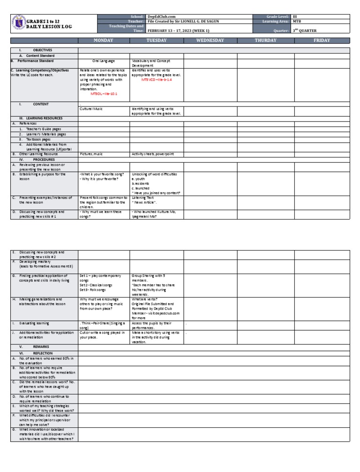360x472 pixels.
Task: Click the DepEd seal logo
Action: tap(18, 23)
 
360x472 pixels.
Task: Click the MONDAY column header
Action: tap(104, 40)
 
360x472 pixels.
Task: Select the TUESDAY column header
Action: tap(156, 40)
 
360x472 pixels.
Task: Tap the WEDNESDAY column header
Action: tap(210, 40)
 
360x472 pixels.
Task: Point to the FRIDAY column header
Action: tap(322, 40)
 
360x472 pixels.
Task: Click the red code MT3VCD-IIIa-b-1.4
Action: tap(157, 80)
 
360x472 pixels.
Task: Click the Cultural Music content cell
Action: tap(91, 109)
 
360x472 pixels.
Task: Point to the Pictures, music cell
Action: tap(91, 153)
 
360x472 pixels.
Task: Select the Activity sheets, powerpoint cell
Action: tap(153, 153)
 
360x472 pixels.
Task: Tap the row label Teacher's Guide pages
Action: tap(44, 129)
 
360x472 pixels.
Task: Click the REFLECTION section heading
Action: tap(43, 353)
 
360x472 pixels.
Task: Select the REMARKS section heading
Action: tap(41, 346)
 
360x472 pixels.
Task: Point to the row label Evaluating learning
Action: tap(37, 323)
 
